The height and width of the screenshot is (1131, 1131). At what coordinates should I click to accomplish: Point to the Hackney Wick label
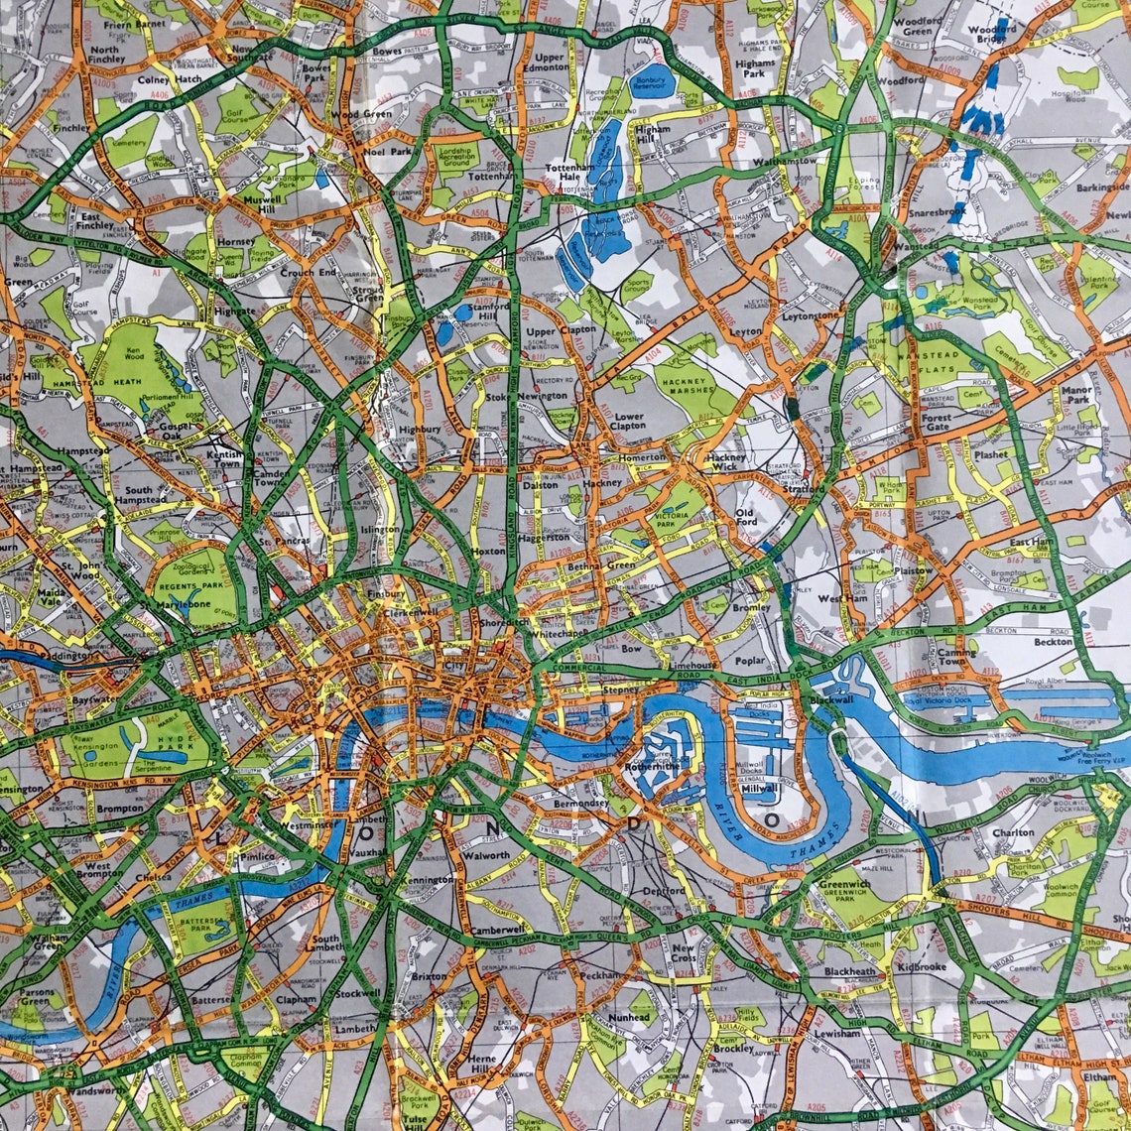(x=727, y=462)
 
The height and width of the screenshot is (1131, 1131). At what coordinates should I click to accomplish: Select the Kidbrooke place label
(x=921, y=966)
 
